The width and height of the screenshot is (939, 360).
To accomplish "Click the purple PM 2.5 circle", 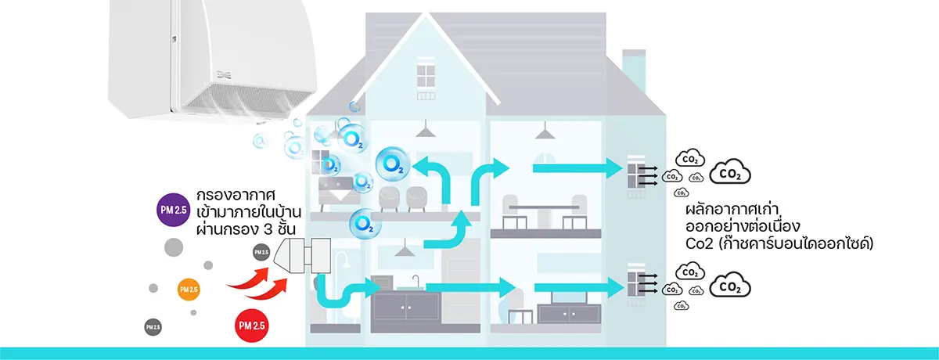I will point(172,209).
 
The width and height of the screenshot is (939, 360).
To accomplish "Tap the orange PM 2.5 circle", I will point(189,290).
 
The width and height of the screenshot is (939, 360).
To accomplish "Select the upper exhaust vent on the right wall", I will point(635,176).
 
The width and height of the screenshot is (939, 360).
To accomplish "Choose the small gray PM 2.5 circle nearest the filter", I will point(261,252).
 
